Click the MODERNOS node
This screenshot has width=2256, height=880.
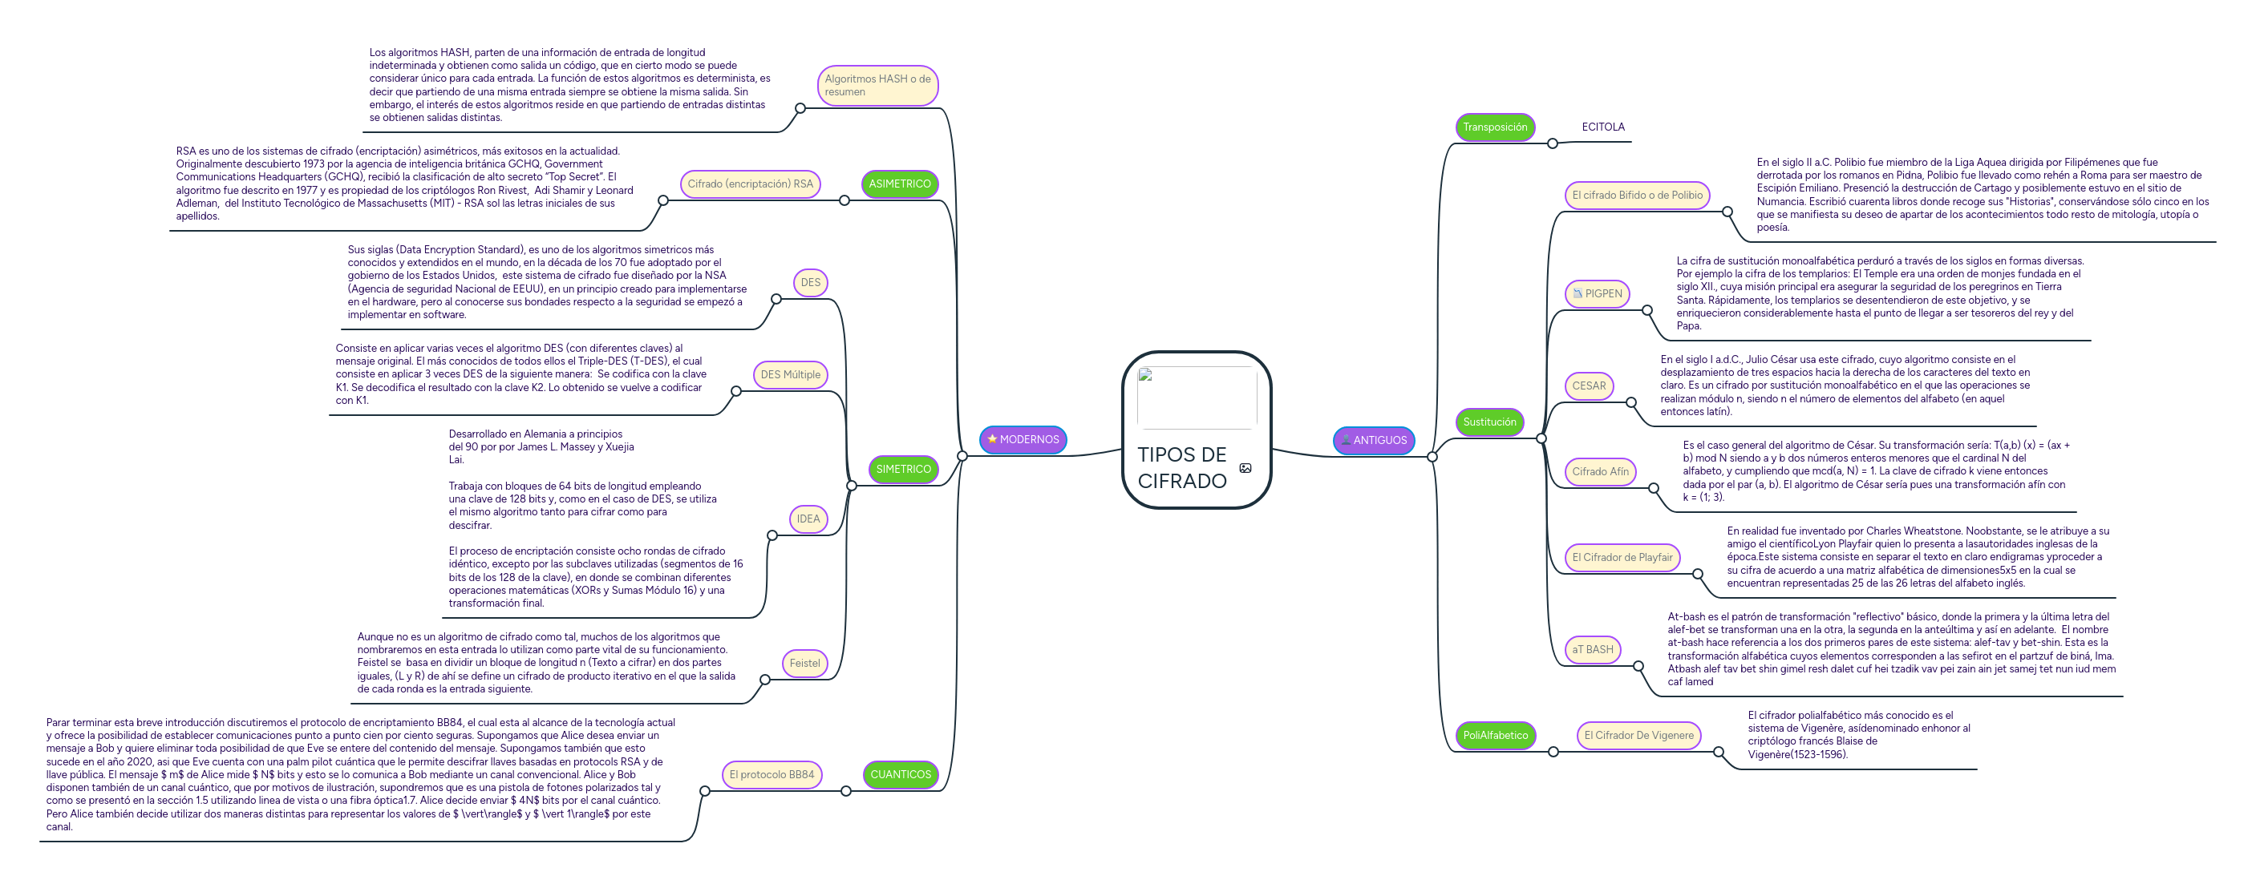coord(1022,439)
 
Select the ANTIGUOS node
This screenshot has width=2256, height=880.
coord(1373,441)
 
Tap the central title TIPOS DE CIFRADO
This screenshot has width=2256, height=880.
coord(1181,467)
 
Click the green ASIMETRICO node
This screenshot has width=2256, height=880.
coord(899,184)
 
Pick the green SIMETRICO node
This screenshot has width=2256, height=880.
coord(903,470)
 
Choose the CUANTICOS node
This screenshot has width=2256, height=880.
coord(901,775)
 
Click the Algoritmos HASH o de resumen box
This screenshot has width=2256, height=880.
coord(877,86)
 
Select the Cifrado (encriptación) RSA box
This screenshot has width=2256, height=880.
coord(750,184)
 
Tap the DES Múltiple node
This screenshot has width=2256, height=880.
coord(790,375)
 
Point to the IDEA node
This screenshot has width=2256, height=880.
coord(808,519)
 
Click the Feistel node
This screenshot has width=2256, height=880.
coord(804,664)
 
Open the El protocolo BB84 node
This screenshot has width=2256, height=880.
coord(771,775)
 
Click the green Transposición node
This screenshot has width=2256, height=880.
coord(1494,127)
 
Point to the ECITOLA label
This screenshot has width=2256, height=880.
coord(1602,127)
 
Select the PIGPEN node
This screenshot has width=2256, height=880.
coord(1597,294)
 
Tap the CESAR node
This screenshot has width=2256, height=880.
coord(1589,386)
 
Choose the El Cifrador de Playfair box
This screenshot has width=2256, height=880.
coord(1621,558)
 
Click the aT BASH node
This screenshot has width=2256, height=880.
coord(1592,650)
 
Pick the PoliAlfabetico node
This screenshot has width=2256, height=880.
coord(1494,736)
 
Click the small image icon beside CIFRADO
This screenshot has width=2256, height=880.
coord(1245,469)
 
